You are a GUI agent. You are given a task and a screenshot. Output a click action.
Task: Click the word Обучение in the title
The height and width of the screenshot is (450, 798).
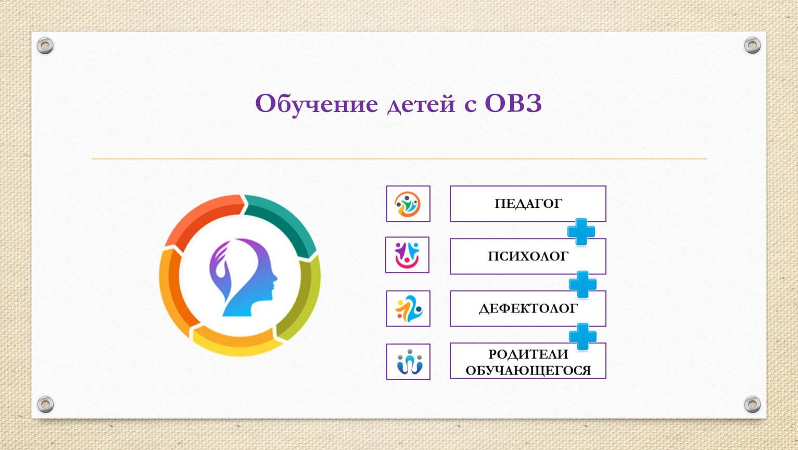tap(316, 104)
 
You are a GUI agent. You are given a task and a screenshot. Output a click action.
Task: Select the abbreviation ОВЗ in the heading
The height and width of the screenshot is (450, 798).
tap(513, 104)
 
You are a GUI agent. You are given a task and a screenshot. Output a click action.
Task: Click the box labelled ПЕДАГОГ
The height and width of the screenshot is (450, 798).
tap(528, 204)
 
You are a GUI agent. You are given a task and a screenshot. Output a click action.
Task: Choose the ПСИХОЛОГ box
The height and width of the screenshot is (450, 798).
tap(528, 256)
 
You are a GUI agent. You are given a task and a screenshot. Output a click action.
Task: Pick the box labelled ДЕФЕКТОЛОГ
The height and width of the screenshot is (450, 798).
tap(528, 308)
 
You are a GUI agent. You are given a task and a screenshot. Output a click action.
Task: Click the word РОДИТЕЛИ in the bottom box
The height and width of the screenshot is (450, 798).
tap(528, 355)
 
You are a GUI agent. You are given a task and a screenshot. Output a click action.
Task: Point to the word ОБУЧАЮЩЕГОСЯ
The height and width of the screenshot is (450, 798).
tap(528, 371)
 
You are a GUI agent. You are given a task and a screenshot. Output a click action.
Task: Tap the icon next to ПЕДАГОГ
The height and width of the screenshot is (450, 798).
tap(408, 204)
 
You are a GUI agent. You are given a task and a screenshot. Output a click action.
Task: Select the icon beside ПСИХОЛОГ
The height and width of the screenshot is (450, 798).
tap(407, 255)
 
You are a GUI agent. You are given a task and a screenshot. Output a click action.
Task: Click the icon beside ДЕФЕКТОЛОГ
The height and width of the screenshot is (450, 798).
tap(408, 308)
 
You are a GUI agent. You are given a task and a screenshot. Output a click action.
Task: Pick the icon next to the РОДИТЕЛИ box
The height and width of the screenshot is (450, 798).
tap(408, 361)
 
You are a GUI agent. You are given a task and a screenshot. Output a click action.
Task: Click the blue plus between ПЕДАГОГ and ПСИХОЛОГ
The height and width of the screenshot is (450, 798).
tap(581, 232)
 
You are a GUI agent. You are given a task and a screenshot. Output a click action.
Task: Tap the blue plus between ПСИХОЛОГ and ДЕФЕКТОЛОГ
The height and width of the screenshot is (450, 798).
tap(582, 284)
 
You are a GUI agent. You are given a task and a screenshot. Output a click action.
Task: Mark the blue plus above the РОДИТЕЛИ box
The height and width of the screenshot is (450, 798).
tap(582, 336)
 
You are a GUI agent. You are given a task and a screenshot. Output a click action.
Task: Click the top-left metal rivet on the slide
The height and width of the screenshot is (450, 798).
tap(45, 46)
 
